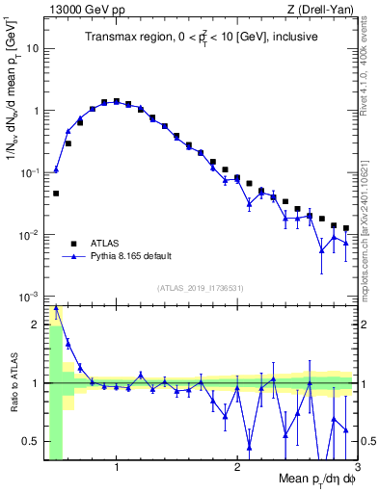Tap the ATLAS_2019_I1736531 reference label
[x=201, y=288]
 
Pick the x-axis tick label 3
[x=356, y=468]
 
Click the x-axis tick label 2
[x=236, y=468]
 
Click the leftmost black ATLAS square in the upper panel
[x=56, y=194]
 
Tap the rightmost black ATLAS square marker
[x=346, y=228]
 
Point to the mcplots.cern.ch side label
[x=367, y=227]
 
